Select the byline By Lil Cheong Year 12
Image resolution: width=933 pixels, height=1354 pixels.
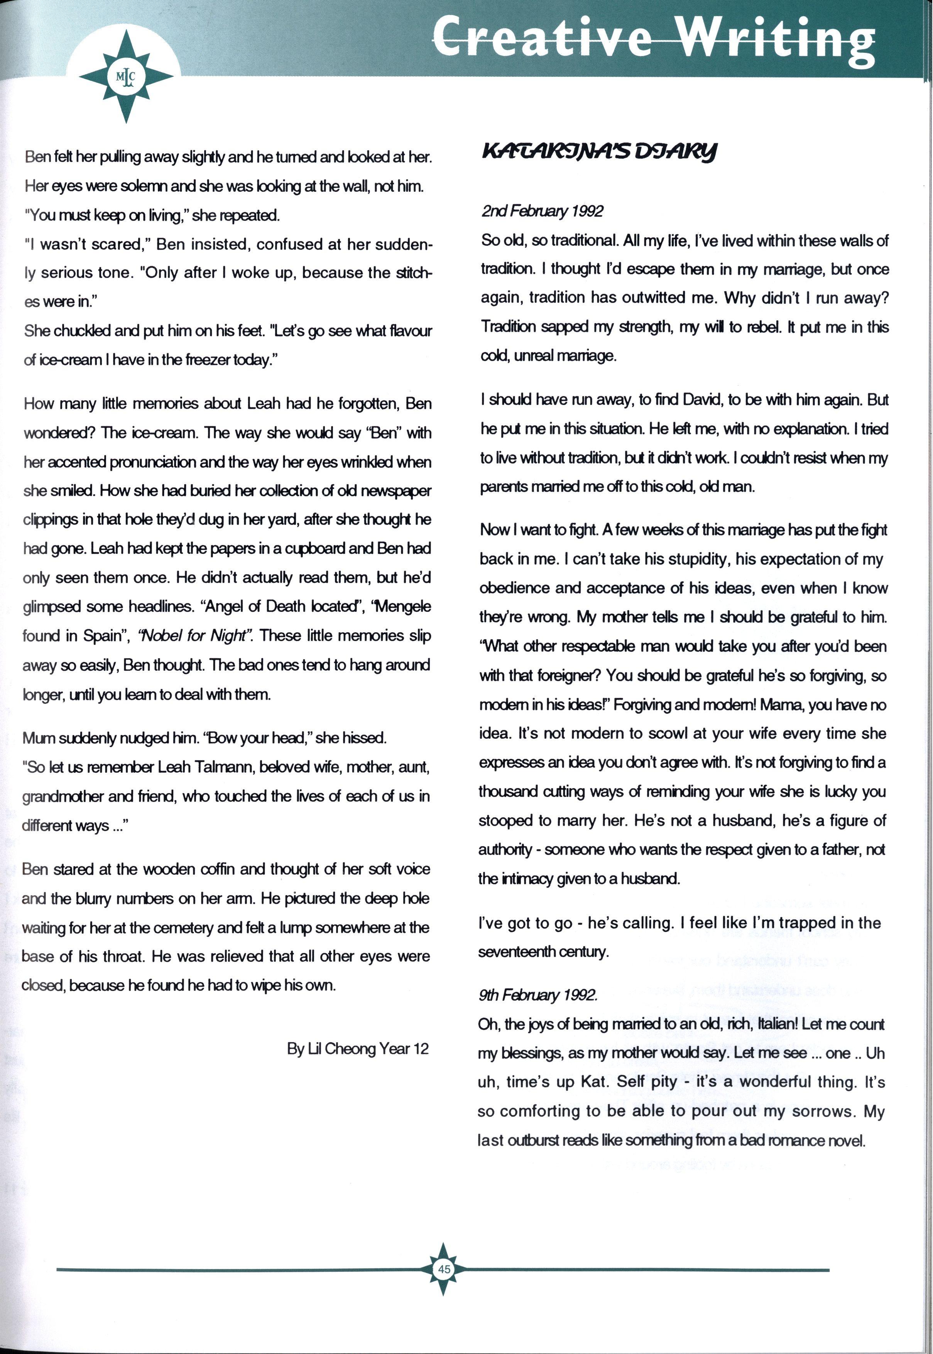point(358,1048)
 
